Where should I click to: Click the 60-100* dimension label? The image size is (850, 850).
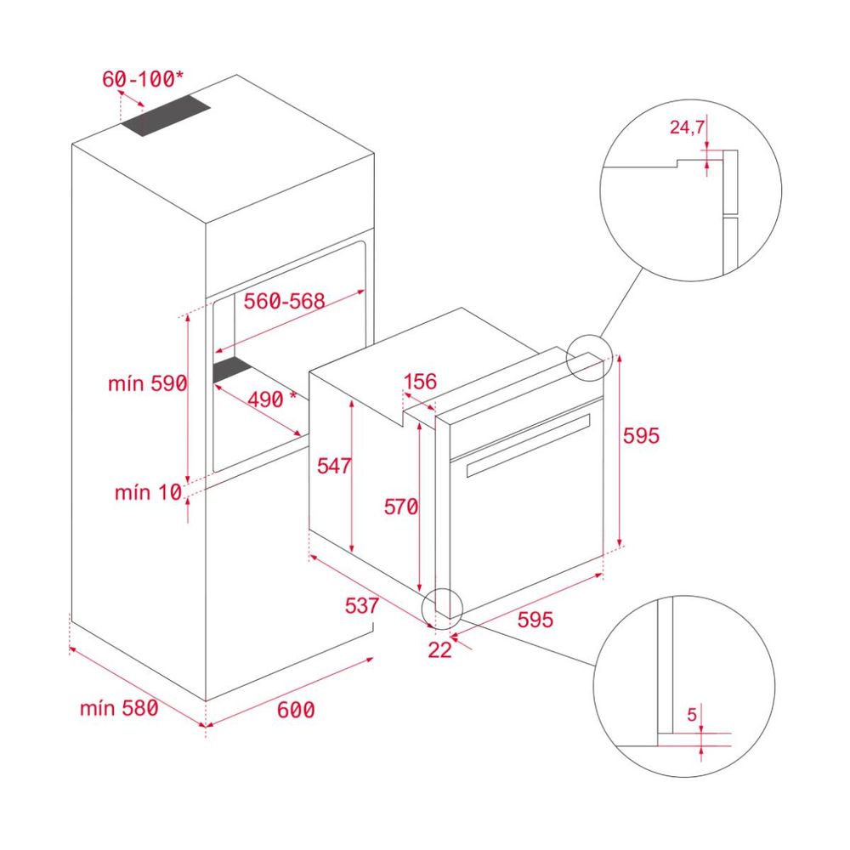142,79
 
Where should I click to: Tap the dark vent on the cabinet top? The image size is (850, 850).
165,116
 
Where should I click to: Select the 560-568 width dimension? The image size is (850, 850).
285,301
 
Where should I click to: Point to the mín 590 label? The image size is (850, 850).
146,383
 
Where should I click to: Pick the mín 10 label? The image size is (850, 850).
147,491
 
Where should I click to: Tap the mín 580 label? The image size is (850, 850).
119,707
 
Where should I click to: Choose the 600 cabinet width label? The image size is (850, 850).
296,709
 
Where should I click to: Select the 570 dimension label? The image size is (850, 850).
400,507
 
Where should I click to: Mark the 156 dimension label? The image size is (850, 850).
420,382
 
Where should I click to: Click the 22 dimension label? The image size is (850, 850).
439,650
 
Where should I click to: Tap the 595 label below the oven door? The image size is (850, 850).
535,620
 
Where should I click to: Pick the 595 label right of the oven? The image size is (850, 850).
641,435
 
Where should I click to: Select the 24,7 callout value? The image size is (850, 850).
688,128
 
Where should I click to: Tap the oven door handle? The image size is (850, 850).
527,443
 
